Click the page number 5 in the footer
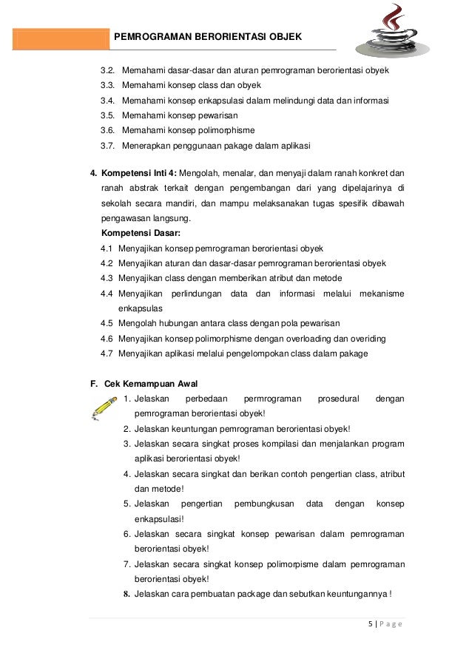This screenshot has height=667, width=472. [x=369, y=623]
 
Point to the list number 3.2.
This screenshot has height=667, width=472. [x=107, y=71]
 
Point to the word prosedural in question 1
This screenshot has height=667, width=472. [x=339, y=399]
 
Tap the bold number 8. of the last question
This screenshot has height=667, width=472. [x=127, y=594]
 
